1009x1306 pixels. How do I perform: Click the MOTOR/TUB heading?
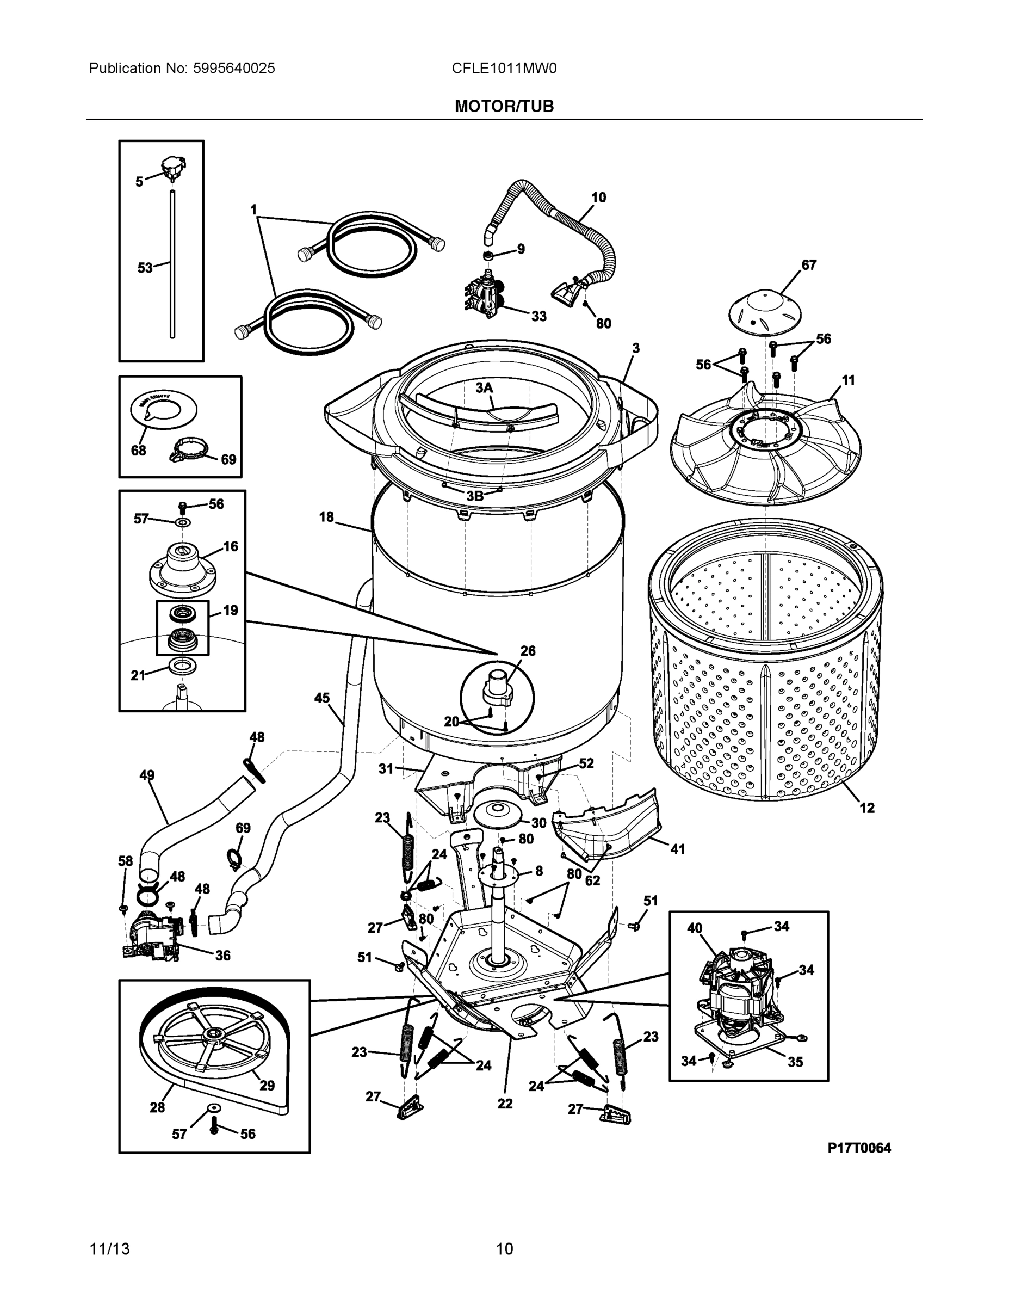[x=504, y=107]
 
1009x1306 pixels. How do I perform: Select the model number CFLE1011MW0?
[x=504, y=68]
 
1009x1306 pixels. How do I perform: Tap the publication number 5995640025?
[x=234, y=68]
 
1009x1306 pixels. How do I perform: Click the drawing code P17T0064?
[x=859, y=1148]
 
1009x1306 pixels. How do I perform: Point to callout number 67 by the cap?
[x=809, y=265]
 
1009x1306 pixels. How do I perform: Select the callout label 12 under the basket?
[x=866, y=808]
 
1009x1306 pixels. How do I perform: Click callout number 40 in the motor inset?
[x=694, y=928]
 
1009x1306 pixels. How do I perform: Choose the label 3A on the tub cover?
[x=484, y=388]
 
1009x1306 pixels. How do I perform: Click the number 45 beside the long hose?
[x=321, y=698]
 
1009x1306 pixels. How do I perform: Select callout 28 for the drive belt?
[x=157, y=1107]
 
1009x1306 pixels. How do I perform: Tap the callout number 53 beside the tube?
[x=145, y=268]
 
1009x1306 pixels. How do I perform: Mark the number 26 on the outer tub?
[x=528, y=651]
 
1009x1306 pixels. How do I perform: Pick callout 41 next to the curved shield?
[x=677, y=848]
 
